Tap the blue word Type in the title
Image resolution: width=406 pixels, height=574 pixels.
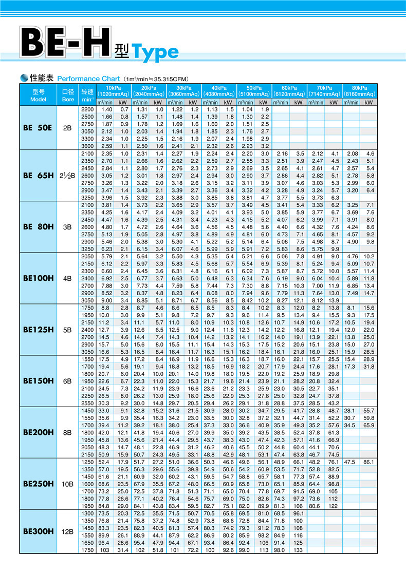tap(155, 52)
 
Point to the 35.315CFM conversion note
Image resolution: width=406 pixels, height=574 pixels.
tap(156, 79)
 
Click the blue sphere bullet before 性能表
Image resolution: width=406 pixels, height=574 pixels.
tap(24, 78)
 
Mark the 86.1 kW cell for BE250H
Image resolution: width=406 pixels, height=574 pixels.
tap(368, 462)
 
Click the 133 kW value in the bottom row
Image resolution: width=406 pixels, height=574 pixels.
tap(298, 550)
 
